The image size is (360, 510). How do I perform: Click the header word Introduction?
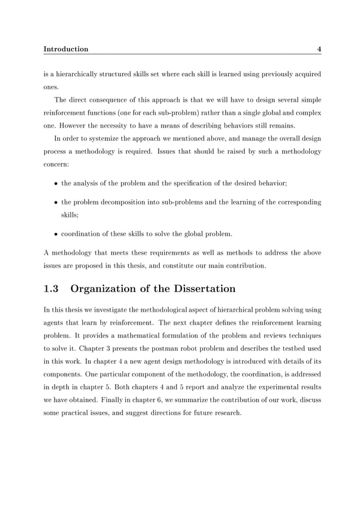tap(65, 49)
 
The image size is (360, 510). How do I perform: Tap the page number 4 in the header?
tap(319, 49)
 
